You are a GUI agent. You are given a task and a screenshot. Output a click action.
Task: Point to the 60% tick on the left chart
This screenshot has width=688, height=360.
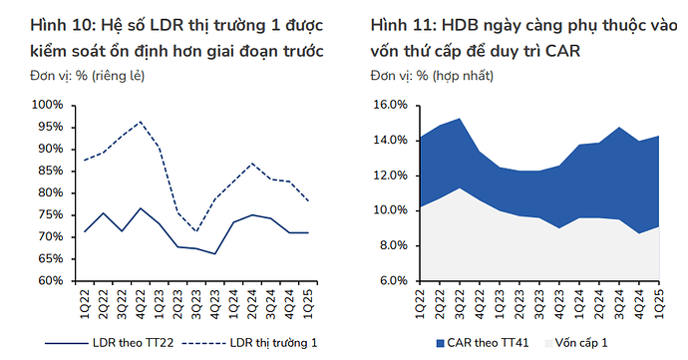(46, 281)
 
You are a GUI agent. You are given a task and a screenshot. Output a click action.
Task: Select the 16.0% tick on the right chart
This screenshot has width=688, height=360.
(388, 105)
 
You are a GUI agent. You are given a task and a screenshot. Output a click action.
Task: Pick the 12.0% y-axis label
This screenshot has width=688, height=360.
(388, 176)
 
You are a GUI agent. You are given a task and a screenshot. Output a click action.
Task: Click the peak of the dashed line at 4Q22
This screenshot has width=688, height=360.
(141, 122)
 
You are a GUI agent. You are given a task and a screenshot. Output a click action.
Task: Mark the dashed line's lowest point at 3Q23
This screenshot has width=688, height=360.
(196, 231)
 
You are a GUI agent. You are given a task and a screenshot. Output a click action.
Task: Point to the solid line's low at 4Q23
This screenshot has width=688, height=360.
(214, 253)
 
